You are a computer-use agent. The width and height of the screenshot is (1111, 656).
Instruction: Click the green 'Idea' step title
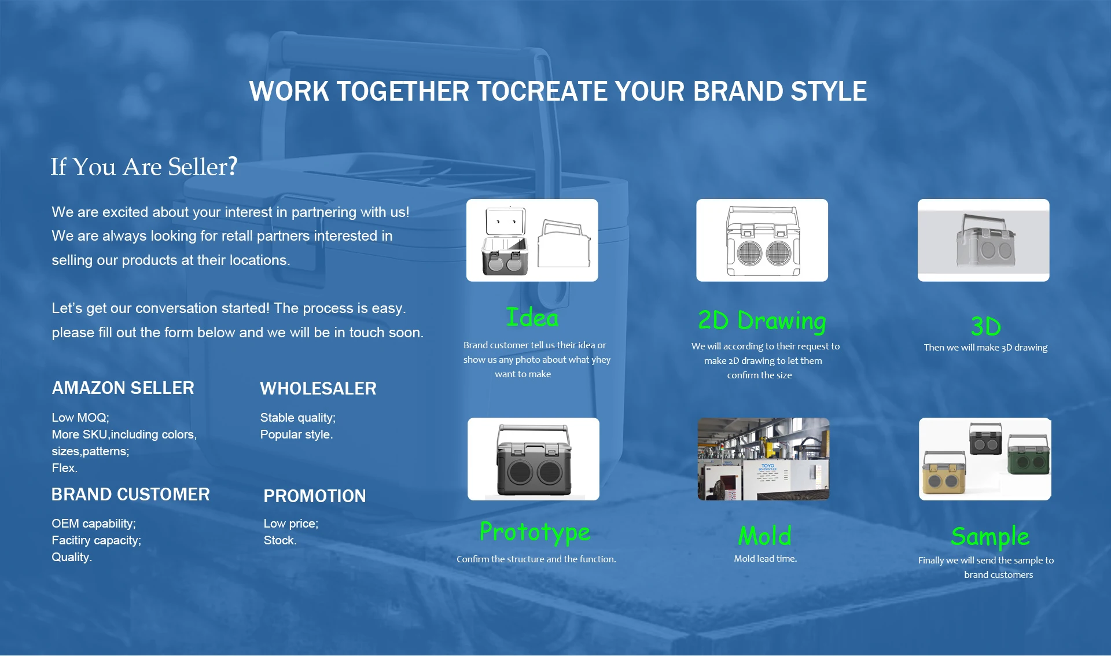(x=532, y=318)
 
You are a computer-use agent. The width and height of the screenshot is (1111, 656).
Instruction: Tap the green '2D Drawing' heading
(x=762, y=321)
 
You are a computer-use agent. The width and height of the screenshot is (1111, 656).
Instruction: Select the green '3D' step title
(x=985, y=326)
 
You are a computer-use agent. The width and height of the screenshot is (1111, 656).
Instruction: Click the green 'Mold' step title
(x=764, y=536)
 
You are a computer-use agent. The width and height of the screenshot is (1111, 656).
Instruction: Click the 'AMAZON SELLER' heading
(x=123, y=388)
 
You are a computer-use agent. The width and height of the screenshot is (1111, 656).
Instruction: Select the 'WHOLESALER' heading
(x=318, y=389)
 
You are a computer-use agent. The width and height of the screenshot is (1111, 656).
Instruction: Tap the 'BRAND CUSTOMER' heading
(x=130, y=495)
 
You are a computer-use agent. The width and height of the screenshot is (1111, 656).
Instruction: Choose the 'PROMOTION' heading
(x=315, y=496)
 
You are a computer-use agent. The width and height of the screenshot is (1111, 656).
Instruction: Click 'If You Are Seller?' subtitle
(x=144, y=167)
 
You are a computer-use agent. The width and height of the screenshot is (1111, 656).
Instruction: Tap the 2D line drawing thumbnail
(x=762, y=240)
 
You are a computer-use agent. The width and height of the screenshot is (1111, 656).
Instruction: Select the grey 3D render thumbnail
(x=983, y=240)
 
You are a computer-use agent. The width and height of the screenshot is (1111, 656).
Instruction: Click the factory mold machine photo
(x=763, y=459)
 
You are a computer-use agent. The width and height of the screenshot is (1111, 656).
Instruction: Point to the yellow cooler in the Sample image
(x=944, y=473)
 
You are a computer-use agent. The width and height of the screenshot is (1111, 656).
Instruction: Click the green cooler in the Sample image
(x=1029, y=455)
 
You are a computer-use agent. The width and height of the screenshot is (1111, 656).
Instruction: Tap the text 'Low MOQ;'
(x=80, y=418)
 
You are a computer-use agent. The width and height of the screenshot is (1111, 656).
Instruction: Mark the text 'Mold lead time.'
(x=765, y=559)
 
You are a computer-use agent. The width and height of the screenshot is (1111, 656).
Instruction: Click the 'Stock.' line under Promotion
(x=280, y=540)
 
